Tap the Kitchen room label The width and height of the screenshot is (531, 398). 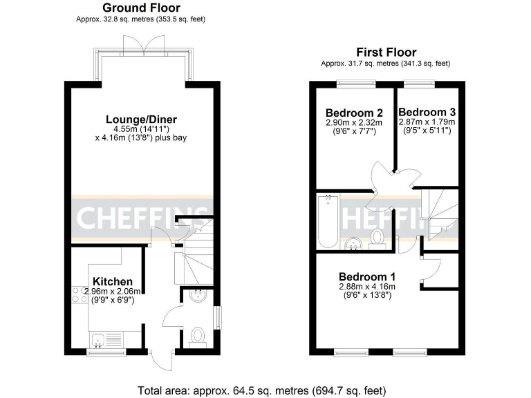click(113, 281)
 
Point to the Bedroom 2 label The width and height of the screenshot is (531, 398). click(354, 113)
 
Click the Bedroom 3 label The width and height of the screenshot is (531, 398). click(427, 112)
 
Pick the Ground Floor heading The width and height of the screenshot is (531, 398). click(140, 8)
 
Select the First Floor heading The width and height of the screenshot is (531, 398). click(385, 52)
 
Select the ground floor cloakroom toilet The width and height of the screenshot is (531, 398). click(198, 337)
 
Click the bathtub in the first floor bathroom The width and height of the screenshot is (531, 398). click(328, 220)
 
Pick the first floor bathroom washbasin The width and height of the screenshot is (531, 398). click(354, 241)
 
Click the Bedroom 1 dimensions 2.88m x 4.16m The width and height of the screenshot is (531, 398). click(366, 287)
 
